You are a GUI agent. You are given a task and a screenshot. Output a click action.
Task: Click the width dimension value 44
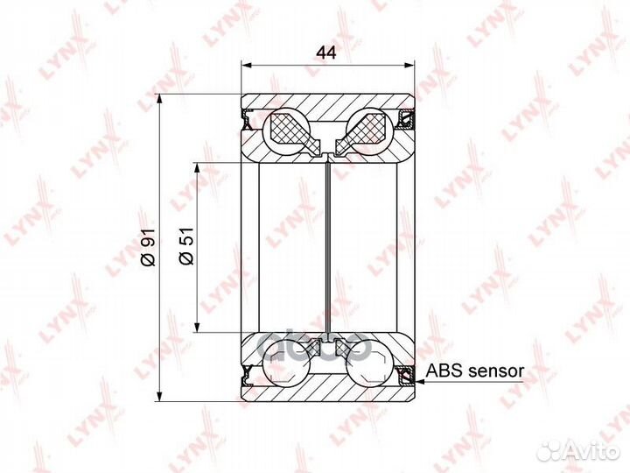pos(326,52)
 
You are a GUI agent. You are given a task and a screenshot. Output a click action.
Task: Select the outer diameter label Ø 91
pos(148,247)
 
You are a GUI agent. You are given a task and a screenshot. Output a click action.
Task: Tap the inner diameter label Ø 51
pos(186,246)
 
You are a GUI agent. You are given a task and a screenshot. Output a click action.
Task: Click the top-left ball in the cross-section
pos(286,131)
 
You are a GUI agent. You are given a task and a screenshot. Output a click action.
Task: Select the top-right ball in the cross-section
pos(369,131)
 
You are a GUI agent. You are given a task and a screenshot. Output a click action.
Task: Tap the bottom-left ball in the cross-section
pos(286,361)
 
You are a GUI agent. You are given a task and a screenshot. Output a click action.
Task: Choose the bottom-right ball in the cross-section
pos(369,361)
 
